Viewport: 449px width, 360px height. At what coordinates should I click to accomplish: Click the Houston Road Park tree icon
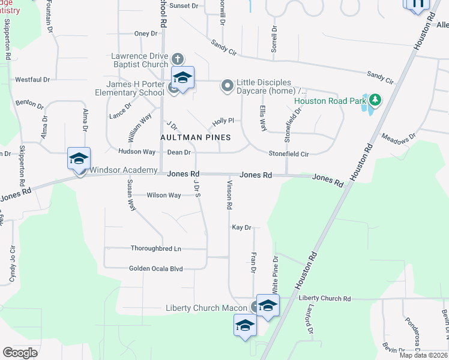(375, 98)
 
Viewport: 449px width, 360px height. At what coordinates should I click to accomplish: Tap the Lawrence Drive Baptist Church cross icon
(177, 59)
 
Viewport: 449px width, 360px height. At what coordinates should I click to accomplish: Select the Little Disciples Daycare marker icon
(227, 86)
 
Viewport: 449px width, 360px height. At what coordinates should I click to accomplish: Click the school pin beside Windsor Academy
(79, 159)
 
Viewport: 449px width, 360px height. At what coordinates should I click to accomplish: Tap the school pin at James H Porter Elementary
(183, 78)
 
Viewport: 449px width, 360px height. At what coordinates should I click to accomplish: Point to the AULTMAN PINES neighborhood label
(195, 137)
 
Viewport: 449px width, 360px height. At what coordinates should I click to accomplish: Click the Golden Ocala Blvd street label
(155, 269)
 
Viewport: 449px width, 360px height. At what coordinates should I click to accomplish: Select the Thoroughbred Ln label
(155, 248)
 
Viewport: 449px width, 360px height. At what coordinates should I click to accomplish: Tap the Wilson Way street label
(164, 195)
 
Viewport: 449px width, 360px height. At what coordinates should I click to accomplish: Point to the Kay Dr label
(241, 228)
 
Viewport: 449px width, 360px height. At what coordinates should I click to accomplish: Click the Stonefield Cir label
(288, 154)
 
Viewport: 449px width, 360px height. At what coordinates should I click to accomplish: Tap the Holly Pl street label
(222, 121)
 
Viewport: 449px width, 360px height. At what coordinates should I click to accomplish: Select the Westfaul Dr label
(32, 79)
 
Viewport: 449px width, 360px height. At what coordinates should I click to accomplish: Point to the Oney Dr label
(145, 34)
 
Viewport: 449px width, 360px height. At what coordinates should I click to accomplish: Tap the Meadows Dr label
(398, 137)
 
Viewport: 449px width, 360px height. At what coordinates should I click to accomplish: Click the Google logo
(20, 352)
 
